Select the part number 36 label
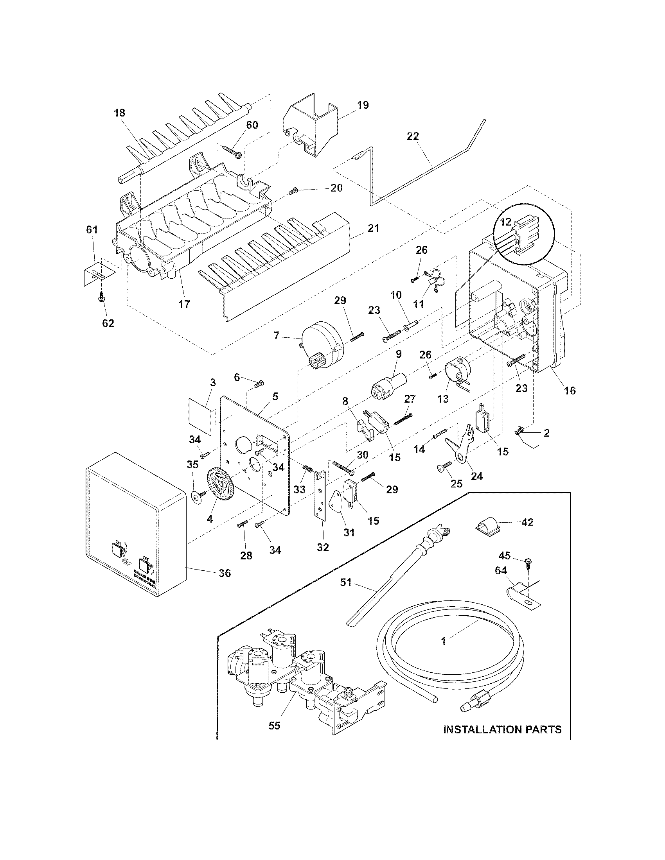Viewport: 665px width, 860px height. [225, 573]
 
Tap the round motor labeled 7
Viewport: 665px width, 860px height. [322, 345]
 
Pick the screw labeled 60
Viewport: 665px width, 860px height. [232, 152]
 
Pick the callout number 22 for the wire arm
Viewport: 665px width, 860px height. [413, 136]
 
